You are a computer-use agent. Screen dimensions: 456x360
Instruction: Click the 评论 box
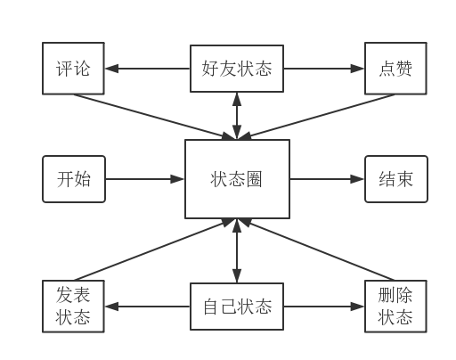coord(73,69)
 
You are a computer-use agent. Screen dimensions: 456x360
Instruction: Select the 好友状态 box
coord(237,69)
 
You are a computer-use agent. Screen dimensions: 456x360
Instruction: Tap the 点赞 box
coord(395,69)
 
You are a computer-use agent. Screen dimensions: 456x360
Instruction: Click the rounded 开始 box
coord(74,179)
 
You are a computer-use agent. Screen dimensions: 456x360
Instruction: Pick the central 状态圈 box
coord(237,179)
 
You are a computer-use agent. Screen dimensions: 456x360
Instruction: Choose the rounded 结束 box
coord(396,179)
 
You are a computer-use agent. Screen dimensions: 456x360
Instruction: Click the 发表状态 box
coord(73,307)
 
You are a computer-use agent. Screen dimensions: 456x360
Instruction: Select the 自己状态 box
coord(237,307)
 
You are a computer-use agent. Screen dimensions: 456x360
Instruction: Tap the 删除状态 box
coord(395,307)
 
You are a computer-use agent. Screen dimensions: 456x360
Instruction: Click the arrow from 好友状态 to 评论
coord(148,69)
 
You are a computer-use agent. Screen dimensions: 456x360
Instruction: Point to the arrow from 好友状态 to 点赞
coord(324,69)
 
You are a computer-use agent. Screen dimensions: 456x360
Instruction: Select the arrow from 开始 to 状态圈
coord(145,179)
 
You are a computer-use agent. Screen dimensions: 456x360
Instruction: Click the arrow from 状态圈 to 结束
coord(327,179)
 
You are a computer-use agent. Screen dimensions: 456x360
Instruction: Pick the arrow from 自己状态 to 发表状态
coord(148,307)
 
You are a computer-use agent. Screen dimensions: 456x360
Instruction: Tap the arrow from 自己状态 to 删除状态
coord(324,307)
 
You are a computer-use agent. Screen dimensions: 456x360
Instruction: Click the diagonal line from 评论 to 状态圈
coord(154,117)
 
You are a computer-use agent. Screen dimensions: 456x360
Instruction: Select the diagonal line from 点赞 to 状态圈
coord(316,117)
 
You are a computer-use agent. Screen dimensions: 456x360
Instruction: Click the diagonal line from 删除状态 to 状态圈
coord(316,250)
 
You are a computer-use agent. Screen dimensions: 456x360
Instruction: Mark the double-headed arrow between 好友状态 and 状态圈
coord(237,116)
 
